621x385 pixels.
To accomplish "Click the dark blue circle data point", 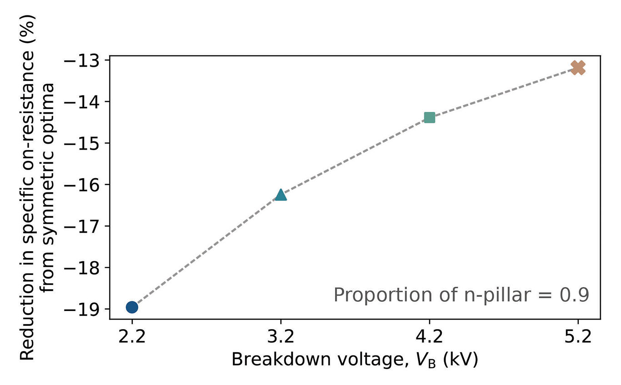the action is pos(132,307).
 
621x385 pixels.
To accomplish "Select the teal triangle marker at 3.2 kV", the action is pos(281,195).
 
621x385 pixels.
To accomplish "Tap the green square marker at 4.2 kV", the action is pos(430,118).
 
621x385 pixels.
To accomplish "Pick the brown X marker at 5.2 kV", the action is pos(578,68).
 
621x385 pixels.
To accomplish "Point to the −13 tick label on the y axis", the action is pos(81,61).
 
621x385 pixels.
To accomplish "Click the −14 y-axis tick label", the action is pos(81,102).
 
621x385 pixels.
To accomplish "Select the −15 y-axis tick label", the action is pos(81,144).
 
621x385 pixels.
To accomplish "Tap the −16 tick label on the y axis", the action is pos(81,185).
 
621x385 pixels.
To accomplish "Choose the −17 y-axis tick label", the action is pos(81,227).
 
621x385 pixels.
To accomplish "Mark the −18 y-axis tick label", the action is pos(81,268).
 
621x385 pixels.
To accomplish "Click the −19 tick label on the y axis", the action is pos(81,310).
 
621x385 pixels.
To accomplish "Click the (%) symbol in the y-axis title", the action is pos(27,29).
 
